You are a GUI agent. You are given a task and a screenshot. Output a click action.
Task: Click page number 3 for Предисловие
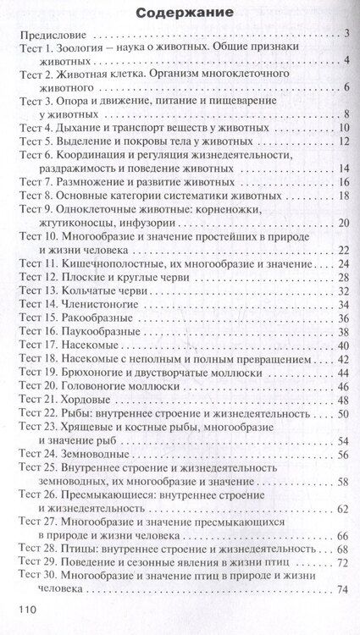(x=346, y=36)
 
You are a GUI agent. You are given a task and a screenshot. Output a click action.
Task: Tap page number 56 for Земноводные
(x=343, y=455)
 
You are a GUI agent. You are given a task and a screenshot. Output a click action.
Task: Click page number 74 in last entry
(x=343, y=590)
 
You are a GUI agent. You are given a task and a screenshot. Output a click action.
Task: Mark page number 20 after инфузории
(x=343, y=224)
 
